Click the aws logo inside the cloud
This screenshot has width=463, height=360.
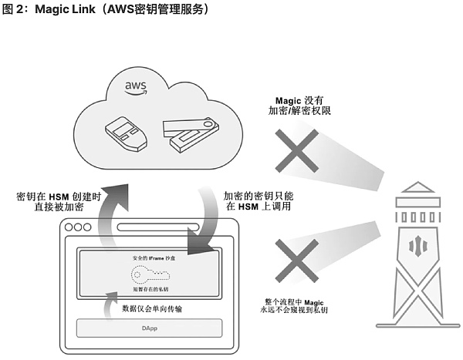coord(137,88)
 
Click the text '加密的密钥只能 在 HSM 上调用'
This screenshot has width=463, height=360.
coord(258,203)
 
